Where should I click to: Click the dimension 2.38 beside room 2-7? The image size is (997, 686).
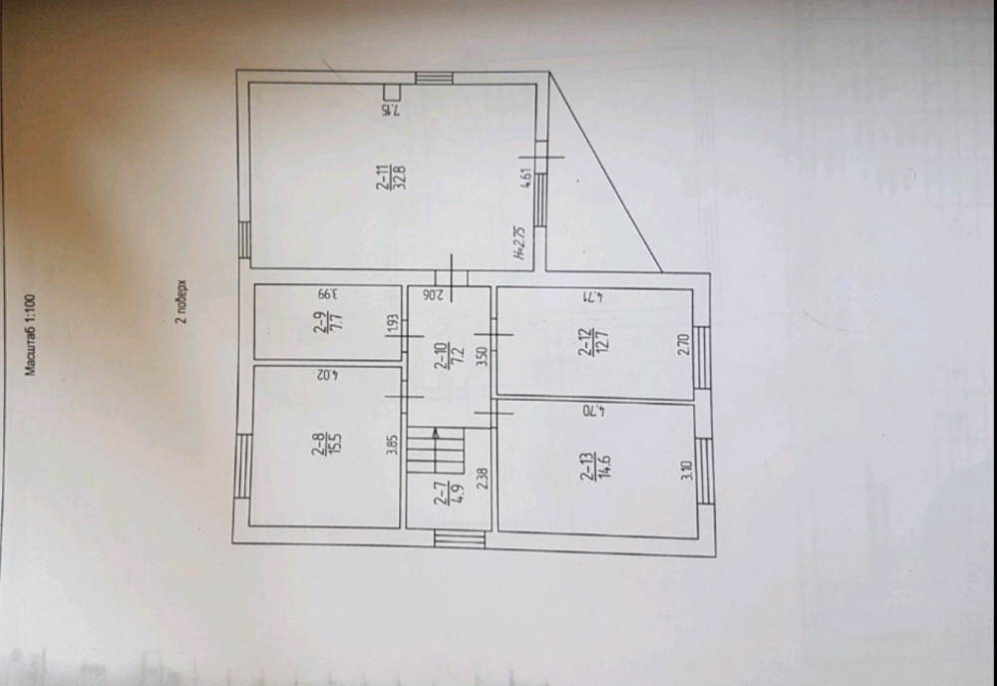(x=483, y=481)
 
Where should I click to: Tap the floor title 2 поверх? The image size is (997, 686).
(x=181, y=302)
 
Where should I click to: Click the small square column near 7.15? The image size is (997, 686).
(x=392, y=93)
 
